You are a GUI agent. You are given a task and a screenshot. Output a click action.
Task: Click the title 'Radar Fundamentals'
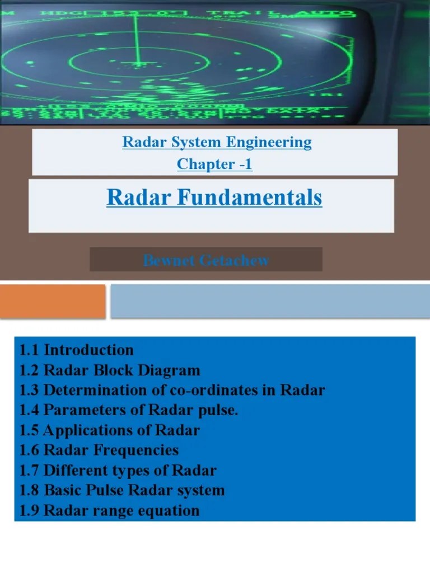pos(214,198)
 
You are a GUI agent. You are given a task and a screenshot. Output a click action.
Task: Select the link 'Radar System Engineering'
pos(217,142)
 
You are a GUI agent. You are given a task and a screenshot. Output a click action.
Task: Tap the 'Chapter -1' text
pos(214,165)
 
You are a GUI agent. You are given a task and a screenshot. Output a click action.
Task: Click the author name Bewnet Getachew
pos(206,260)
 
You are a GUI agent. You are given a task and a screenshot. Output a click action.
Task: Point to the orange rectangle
pos(53,301)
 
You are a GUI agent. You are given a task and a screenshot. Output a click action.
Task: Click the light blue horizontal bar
pos(270,301)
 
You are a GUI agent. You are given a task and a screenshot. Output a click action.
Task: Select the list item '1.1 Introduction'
pos(77,350)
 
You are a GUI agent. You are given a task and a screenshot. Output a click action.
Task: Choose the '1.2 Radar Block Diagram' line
pos(110,370)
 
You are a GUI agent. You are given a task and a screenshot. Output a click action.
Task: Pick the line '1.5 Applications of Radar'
pos(110,430)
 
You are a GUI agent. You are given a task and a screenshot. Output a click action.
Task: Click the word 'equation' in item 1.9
pos(172,510)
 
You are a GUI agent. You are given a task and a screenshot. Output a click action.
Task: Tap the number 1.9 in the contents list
pos(30,510)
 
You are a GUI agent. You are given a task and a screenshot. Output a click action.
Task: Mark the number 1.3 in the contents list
pos(30,391)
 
